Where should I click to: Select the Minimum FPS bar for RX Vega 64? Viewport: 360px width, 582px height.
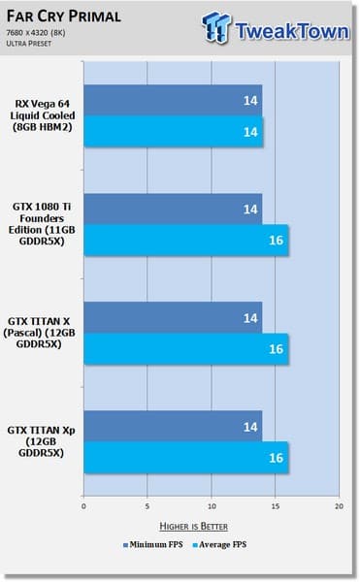point(173,100)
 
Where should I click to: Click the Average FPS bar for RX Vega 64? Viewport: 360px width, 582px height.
point(173,131)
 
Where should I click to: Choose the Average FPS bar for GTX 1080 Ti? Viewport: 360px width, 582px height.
point(185,240)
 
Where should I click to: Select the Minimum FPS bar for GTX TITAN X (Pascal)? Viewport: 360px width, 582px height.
point(173,317)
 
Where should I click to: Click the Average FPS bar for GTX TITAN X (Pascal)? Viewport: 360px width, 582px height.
point(185,348)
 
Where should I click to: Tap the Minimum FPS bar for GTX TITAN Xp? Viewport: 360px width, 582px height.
point(173,426)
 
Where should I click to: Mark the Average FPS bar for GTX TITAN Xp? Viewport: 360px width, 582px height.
point(185,457)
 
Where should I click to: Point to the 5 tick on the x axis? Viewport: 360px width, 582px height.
point(147,506)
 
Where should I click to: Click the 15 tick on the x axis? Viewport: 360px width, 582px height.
point(276,506)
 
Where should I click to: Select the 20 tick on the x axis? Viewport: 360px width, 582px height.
point(339,506)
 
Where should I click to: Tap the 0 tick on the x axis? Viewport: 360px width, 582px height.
point(84,506)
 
